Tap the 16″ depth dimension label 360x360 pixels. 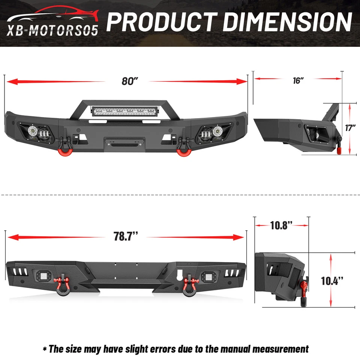click(298, 80)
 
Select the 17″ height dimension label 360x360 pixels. click(350, 128)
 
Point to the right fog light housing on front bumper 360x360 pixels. click(212, 132)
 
